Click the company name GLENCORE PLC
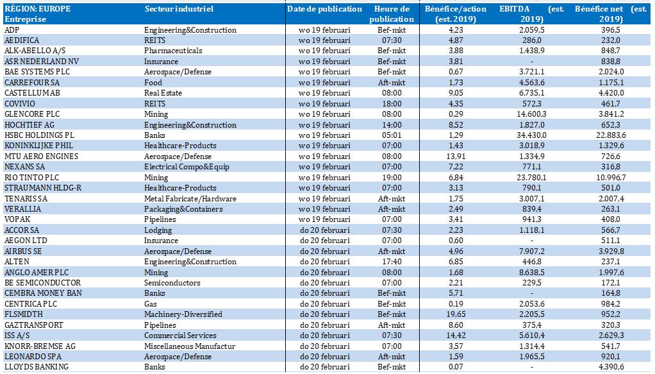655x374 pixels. [32, 114]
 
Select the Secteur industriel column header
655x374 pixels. [179, 9]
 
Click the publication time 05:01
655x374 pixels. [392, 135]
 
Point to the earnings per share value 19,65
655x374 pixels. [455, 314]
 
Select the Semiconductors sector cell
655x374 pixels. [172, 283]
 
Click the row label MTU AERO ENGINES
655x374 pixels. [42, 157]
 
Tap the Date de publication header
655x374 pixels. [324, 9]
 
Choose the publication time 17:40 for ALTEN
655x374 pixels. [392, 262]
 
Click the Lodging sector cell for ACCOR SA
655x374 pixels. [158, 230]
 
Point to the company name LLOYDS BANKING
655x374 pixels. [37, 367]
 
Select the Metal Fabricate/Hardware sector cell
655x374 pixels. [190, 199]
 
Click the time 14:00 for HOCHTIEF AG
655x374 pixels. [392, 124]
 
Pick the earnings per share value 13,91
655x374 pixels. [455, 157]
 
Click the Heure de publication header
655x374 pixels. [392, 14]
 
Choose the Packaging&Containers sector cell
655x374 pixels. [183, 209]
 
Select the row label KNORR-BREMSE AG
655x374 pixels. [40, 346]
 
